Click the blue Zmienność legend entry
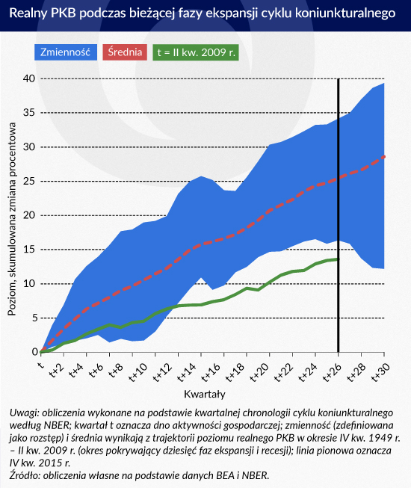tap(65, 52)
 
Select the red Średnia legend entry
tap(125, 52)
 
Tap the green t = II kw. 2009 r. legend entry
tap(196, 52)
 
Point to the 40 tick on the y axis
tap(29, 78)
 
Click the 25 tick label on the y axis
tap(29, 181)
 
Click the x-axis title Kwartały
tap(205, 395)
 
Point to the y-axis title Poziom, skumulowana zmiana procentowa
tap(12, 219)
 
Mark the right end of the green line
tap(339, 259)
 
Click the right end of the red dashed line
tap(385, 156)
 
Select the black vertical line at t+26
tap(339, 216)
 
